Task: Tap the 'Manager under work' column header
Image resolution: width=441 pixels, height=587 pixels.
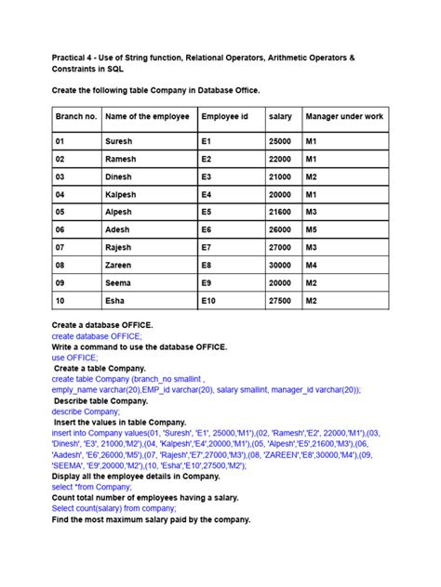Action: click(344, 116)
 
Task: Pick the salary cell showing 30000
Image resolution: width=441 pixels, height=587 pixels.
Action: click(279, 264)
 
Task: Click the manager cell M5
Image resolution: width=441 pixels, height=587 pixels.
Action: click(312, 228)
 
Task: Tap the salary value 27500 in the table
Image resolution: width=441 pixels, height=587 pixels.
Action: click(279, 301)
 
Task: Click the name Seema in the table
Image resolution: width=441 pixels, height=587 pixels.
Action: click(119, 282)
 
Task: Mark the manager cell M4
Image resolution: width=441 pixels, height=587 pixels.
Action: click(312, 264)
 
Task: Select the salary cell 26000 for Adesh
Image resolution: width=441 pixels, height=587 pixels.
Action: click(279, 228)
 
